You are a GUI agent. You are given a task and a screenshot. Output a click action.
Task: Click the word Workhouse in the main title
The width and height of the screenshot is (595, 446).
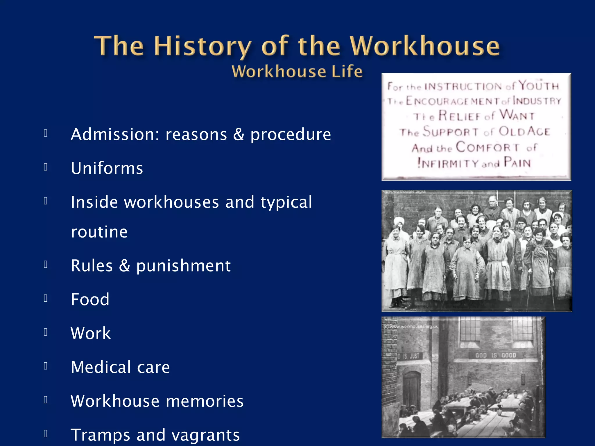pyautogui.click(x=425, y=46)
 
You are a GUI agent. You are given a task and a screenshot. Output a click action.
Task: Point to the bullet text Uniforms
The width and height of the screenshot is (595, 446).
pyautogui.click(x=107, y=168)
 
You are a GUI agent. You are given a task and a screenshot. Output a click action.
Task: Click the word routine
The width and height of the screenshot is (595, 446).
pyautogui.click(x=99, y=232)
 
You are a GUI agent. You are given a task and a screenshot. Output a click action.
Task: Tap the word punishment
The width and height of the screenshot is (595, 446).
pyautogui.click(x=183, y=265)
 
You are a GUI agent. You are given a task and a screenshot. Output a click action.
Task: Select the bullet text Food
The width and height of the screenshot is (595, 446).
pyautogui.click(x=90, y=299)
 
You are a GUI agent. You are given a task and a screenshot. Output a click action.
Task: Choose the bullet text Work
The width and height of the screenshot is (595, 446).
pyautogui.click(x=91, y=333)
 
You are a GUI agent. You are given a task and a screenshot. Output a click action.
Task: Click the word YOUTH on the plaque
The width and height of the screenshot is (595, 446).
pyautogui.click(x=539, y=86)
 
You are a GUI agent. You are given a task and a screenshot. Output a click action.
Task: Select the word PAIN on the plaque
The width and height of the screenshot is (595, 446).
pyautogui.click(x=517, y=163)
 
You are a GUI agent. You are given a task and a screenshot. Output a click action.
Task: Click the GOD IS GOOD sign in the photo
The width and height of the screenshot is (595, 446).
pyautogui.click(x=496, y=355)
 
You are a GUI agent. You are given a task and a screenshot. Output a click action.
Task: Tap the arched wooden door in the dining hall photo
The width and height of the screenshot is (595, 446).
pyautogui.click(x=411, y=391)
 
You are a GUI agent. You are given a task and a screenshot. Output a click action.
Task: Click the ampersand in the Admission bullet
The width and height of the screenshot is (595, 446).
pyautogui.click(x=239, y=134)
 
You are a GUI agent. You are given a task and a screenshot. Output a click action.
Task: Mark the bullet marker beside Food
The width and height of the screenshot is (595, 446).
pyautogui.click(x=46, y=298)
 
